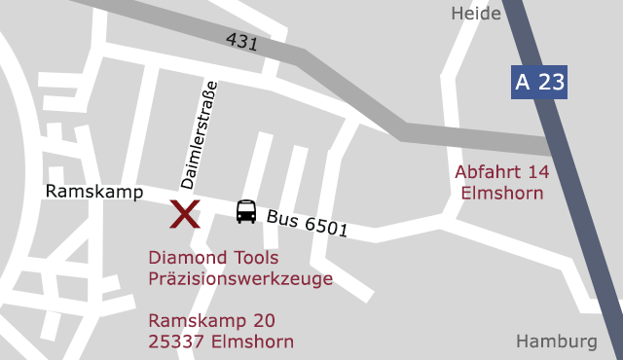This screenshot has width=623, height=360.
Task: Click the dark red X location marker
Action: tap(185, 213)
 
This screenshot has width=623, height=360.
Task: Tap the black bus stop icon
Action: tap(246, 211)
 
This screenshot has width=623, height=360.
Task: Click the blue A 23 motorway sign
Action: tap(539, 82)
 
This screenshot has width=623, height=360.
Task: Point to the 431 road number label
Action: tap(241, 42)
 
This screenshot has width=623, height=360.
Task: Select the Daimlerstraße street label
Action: tap(199, 134)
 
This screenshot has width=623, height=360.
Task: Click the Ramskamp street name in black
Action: tap(93, 193)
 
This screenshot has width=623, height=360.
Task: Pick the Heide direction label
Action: tap(476, 14)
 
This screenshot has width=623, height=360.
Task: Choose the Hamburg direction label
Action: tap(556, 342)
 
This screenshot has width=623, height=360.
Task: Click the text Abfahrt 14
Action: tap(502, 172)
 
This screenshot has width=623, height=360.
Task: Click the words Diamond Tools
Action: tap(213, 258)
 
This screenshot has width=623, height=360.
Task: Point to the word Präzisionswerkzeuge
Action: tap(240, 279)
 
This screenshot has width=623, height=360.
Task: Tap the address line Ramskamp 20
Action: tap(211, 320)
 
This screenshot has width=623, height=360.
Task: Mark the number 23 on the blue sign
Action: tap(551, 82)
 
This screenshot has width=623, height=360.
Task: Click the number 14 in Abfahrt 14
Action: tap(538, 172)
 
